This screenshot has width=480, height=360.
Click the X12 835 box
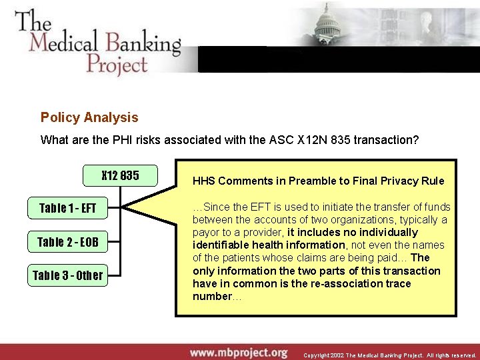click(120, 175)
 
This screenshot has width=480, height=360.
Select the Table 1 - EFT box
click(67, 208)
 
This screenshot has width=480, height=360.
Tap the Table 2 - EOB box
click(67, 241)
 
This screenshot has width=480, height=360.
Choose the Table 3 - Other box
click(67, 275)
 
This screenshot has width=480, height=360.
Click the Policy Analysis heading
click(89, 118)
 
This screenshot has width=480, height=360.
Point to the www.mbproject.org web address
click(238, 352)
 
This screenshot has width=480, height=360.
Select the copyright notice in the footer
click(390, 355)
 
